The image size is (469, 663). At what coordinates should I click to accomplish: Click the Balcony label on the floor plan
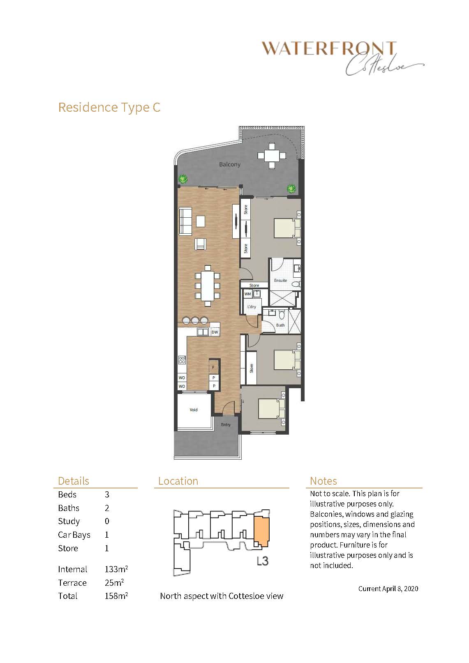229,164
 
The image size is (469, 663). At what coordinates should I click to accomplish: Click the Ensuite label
280,281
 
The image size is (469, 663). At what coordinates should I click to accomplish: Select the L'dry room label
252,307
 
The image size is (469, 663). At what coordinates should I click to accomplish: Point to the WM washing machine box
247,294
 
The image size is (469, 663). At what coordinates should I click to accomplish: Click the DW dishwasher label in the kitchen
215,332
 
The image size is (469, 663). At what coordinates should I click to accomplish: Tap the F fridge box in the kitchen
213,367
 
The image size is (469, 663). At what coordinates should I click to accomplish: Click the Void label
194,410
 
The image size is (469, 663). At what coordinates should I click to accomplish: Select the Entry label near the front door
226,425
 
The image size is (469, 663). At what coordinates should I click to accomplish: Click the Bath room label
280,325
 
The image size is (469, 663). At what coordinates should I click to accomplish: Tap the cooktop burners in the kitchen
182,360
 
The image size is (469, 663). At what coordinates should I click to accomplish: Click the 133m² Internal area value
116,569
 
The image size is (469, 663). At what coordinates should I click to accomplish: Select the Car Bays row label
74,535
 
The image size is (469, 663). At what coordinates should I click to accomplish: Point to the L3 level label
262,561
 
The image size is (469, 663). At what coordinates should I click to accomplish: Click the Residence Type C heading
109,107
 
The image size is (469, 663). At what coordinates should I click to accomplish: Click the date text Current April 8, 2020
388,589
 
